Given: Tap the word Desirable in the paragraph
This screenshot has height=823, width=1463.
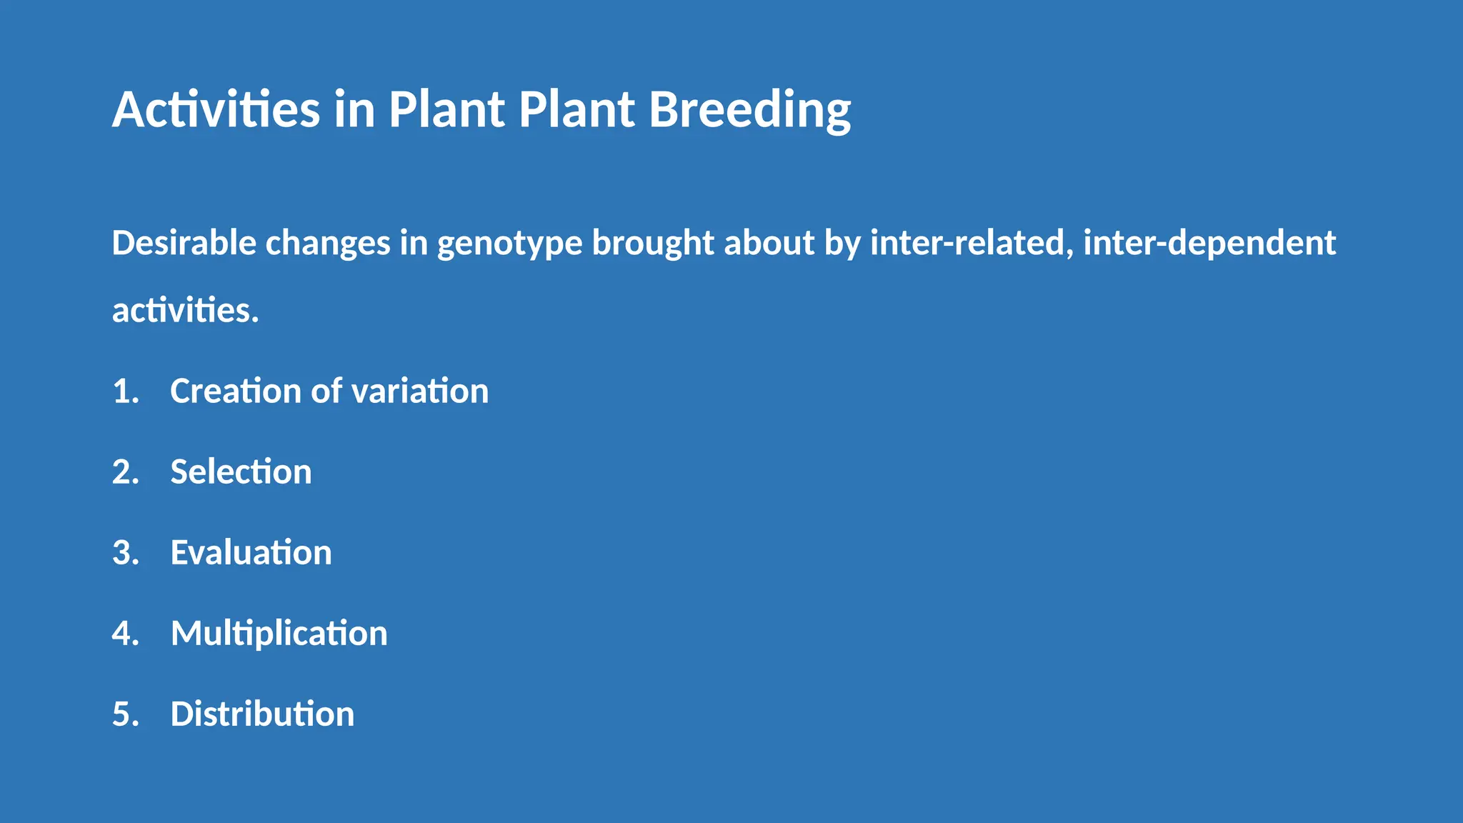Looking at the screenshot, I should tap(184, 243).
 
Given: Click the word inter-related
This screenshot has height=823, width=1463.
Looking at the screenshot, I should tap(971, 243).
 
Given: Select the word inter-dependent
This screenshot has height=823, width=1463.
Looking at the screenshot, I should tap(1209, 244).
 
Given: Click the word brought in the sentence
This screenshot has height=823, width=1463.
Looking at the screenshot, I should tap(653, 244).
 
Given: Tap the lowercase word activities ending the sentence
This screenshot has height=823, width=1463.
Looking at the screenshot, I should tap(185, 311).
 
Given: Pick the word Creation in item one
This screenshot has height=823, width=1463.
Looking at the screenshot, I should tap(236, 391).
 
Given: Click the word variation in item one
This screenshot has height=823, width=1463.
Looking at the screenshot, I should tap(419, 391).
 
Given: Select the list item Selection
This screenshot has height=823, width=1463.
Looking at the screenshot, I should tap(241, 472).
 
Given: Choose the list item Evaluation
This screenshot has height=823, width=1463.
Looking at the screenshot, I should tap(251, 553).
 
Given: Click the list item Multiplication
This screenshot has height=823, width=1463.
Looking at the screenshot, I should tap(279, 634).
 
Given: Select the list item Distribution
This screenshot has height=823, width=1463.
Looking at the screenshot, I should tap(262, 714).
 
